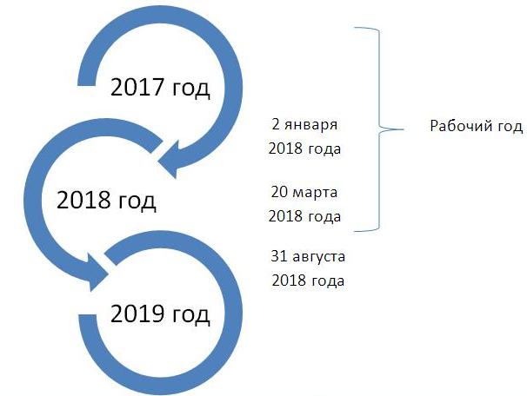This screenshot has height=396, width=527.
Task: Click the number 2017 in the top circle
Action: (137, 87)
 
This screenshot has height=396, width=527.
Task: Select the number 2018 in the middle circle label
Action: (83, 201)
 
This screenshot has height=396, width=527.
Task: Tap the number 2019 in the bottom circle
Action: (137, 313)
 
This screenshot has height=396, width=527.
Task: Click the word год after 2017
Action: (191, 89)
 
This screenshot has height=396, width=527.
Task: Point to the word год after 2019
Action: (191, 315)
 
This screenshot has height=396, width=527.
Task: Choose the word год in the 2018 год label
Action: (137, 202)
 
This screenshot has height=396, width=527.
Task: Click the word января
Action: (310, 126)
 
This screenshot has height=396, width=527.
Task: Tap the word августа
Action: (318, 258)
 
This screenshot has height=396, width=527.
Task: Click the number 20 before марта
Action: (280, 192)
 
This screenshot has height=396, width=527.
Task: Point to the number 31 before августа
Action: (279, 256)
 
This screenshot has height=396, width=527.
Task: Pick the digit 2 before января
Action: (276, 124)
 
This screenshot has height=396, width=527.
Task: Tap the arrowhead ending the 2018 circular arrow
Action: (98, 272)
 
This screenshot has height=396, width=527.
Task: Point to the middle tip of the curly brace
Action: (403, 129)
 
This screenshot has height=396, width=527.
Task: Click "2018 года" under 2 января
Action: (305, 148)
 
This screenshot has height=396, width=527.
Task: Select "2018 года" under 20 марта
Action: (305, 216)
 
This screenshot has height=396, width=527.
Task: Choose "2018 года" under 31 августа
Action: (308, 280)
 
